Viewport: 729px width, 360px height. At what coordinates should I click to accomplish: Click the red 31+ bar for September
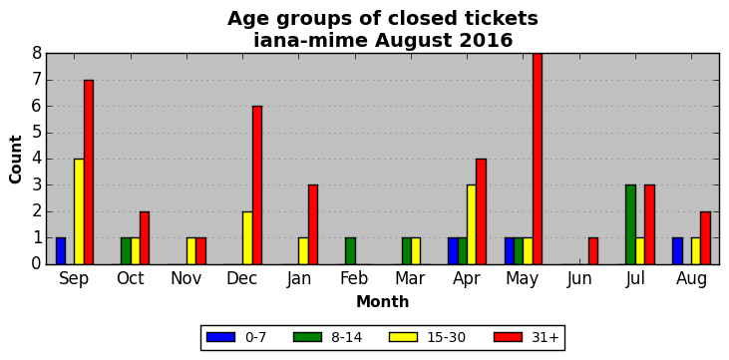[x=89, y=173]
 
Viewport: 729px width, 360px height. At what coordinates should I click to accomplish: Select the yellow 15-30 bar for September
[x=79, y=211]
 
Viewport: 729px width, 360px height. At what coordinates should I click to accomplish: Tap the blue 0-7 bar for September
[x=61, y=251]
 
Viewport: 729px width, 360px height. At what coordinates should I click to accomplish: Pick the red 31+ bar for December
[x=256, y=185]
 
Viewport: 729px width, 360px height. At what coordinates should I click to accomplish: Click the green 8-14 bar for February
[x=350, y=251]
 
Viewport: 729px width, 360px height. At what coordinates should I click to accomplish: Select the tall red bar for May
[x=537, y=160]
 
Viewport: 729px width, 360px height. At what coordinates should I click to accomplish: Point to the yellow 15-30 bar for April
[x=472, y=224]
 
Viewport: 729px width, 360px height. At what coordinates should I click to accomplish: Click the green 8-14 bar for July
[x=630, y=224]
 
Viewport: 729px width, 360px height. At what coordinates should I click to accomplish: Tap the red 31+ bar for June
[x=593, y=251]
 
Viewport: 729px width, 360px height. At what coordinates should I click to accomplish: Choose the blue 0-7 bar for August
[x=677, y=251]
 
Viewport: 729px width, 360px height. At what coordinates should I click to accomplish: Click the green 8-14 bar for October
[x=126, y=251]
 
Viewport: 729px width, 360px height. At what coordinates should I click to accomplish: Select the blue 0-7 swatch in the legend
[x=220, y=337]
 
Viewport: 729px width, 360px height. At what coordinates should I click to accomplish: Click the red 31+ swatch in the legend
[x=508, y=337]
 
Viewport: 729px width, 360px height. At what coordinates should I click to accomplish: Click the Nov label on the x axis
[x=186, y=278]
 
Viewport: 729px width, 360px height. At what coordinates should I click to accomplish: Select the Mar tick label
[x=411, y=278]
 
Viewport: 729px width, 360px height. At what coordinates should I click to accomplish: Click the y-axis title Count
[x=16, y=160]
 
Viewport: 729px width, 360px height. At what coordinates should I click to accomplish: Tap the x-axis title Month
[x=383, y=302]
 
